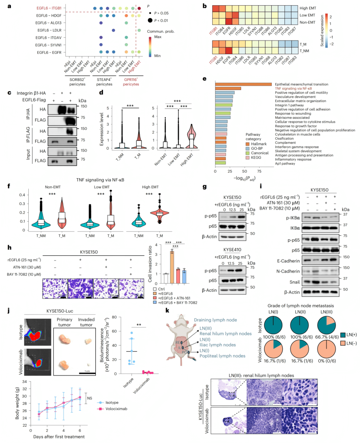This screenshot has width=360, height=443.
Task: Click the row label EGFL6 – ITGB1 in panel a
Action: pos(49,8)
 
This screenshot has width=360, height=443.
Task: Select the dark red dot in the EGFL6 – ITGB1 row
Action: pos(139,8)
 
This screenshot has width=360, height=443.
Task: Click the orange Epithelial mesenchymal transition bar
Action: pos(243,84)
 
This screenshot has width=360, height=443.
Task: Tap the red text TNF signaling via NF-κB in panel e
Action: pos(293,89)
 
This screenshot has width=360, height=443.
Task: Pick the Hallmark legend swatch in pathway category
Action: pos(248,144)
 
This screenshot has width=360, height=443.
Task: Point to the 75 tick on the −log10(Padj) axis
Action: pos(259,171)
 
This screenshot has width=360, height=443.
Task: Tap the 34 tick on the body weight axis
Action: pos(25,382)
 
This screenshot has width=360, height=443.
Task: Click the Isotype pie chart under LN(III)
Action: pos(326,325)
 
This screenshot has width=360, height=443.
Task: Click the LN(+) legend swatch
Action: pos(343,335)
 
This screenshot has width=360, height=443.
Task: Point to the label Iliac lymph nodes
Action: pos(218,345)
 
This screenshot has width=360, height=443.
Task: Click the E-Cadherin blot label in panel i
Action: pos(288,261)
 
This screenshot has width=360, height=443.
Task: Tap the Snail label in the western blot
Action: pos(294,282)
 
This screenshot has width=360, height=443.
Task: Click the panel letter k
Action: pos(167,310)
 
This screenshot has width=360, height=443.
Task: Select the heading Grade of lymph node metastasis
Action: pos(301,305)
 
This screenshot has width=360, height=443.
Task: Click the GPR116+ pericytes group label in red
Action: pos(131,82)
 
